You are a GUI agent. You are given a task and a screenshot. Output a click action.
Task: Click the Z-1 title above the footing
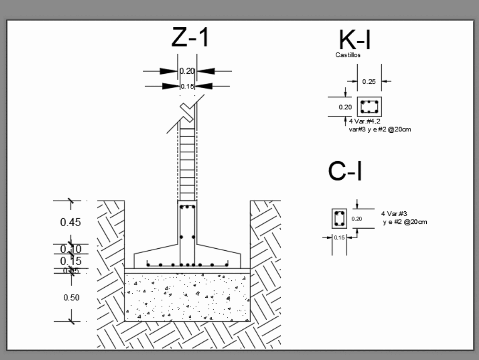tap(190, 37)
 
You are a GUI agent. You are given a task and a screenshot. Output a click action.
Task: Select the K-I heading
tap(354, 40)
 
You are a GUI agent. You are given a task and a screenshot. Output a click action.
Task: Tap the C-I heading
tap(345, 172)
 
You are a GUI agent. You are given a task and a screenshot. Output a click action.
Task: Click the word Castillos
tap(348, 55)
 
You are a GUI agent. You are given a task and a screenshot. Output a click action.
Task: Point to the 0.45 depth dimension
tap(70, 222)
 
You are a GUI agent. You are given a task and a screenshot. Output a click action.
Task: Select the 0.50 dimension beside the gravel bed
tap(71, 298)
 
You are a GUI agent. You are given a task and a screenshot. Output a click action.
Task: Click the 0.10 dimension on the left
tap(71, 249)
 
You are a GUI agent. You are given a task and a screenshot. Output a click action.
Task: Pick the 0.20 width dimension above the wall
tap(187, 71)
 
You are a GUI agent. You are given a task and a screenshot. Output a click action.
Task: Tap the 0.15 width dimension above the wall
tap(187, 86)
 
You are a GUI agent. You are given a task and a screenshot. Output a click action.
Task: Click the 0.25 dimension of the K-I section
tap(369, 81)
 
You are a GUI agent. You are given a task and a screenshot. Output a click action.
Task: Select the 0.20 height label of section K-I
tap(345, 107)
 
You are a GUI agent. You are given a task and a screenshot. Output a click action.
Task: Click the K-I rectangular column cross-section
tap(369, 106)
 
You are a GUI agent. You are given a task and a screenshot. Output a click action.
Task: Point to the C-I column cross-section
tap(340, 219)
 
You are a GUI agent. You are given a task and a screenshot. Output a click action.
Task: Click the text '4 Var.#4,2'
tap(368, 122)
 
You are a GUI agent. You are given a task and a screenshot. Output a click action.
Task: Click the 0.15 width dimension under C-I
tap(339, 237)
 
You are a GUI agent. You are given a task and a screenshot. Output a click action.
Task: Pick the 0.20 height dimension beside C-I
tap(357, 219)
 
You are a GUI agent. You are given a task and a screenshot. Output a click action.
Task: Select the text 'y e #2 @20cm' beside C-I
tap(405, 221)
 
